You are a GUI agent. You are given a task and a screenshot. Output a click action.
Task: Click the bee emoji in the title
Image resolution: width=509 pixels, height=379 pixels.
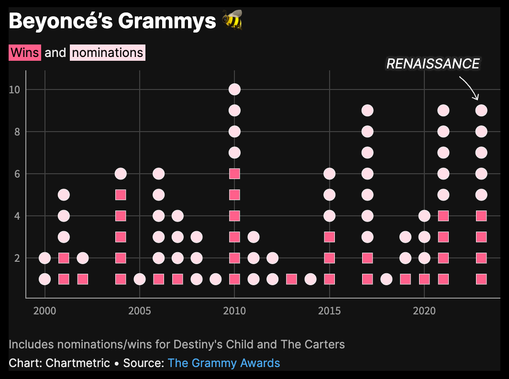coord(232,21)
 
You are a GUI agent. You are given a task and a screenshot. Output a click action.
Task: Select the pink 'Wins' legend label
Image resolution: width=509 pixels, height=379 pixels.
coord(25,53)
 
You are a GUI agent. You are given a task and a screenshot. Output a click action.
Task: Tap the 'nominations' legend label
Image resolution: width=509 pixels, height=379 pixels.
coord(107,53)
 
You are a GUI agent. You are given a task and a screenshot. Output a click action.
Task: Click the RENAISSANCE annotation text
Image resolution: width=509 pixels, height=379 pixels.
coord(433,64)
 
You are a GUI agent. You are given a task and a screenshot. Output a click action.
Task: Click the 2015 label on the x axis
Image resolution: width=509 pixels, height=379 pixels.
coord(329,312)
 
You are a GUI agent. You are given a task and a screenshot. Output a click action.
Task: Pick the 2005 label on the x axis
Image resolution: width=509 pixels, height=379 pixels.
coord(140,312)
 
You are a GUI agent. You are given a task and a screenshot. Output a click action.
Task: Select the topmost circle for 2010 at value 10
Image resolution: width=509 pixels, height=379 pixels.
coord(234,89)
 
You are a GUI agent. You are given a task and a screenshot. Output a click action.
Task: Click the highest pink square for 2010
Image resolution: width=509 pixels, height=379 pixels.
coord(234,174)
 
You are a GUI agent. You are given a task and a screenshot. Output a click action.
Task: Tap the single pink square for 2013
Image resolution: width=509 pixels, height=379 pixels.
coord(291,279)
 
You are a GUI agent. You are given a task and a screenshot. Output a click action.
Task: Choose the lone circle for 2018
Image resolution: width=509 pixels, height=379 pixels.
coord(387,279)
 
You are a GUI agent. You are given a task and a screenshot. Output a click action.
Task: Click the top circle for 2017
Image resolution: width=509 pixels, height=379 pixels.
coord(367,111)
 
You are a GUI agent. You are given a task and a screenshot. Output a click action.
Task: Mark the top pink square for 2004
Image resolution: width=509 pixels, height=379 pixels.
coord(121,195)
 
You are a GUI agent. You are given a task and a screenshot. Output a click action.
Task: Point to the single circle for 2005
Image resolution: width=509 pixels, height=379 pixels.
coord(140,279)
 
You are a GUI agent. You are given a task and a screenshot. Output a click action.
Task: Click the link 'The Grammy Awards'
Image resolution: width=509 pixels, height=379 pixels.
coord(224,363)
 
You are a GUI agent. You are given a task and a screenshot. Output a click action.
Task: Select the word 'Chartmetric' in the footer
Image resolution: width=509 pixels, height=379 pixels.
coord(78,363)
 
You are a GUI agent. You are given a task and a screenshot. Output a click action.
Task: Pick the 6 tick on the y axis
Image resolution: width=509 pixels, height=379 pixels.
coord(17,174)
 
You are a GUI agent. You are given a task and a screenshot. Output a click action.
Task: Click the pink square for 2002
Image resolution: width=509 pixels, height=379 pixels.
coord(83,279)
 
